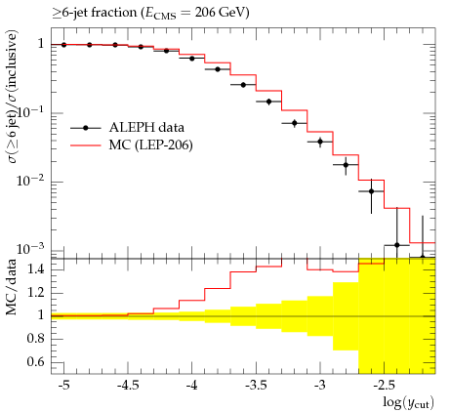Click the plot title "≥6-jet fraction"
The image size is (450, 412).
tap(95, 13)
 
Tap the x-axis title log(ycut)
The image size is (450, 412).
tap(409, 402)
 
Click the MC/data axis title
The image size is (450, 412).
tap(11, 287)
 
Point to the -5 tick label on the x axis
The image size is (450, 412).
tap(63, 386)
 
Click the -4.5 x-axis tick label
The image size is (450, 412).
tap(128, 386)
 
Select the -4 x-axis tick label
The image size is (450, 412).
tap(192, 386)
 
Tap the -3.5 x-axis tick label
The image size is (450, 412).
tap(256, 386)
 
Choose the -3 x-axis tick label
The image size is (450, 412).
tap(320, 386)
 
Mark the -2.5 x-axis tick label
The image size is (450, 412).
tap(384, 386)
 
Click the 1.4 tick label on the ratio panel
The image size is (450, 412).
tap(36, 269)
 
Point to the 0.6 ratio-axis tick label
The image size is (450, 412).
tap(36, 362)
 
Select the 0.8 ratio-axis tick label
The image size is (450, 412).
tap(36, 339)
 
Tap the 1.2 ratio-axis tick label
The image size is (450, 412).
tap(36, 293)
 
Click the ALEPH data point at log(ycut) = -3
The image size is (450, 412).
tap(320, 142)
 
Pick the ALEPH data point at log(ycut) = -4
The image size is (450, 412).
tap(192, 59)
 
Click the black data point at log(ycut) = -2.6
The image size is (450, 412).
tap(371, 191)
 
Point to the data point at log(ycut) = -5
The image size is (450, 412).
tap(63, 45)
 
